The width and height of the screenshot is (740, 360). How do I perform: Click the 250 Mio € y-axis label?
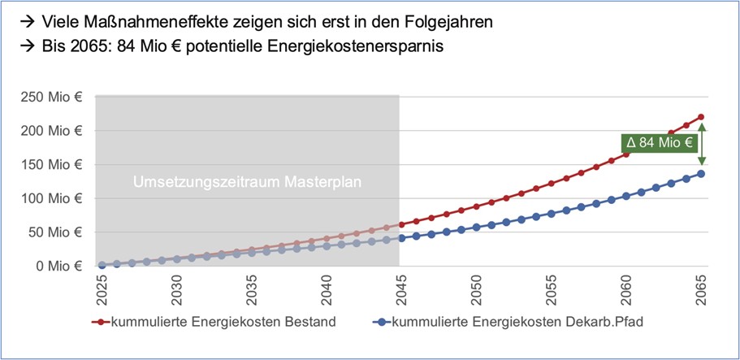point(51,97)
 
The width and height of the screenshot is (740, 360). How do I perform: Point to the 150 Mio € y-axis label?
point(51,164)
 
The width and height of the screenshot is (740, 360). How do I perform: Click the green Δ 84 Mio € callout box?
point(659,143)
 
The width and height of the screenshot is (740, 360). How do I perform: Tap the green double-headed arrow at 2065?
point(701,144)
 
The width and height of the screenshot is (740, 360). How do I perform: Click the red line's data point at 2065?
point(701,117)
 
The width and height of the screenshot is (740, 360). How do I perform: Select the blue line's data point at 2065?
point(701,173)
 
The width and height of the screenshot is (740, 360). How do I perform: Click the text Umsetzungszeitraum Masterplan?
point(247,182)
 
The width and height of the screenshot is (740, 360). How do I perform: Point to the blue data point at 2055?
point(551,214)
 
